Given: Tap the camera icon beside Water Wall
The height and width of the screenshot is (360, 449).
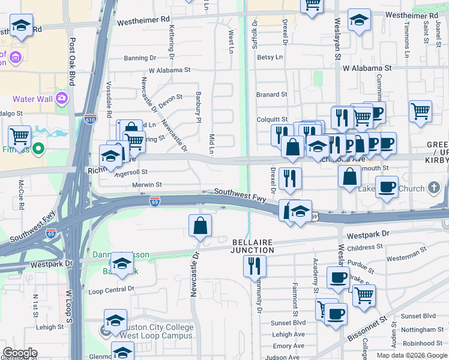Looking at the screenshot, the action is click(61, 98).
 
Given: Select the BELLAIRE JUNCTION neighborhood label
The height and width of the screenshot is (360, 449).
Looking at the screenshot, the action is click(253, 246).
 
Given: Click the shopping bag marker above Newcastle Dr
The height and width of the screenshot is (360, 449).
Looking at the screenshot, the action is click(200, 226).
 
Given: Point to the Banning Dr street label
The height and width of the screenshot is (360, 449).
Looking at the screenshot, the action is click(140, 58).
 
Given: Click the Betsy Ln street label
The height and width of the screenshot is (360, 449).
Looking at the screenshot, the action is click(270, 57).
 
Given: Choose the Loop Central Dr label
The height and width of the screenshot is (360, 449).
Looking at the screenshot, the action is click(111, 289).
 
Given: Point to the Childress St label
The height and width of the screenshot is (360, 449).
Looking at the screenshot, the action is click(364, 247).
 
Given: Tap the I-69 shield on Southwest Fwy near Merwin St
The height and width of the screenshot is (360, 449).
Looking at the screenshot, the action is click(155, 202).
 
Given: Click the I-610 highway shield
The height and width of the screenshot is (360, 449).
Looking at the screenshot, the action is click(90, 118).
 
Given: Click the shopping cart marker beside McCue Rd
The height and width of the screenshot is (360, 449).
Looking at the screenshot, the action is click(20, 137).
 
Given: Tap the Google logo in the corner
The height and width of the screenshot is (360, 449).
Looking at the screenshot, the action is click(20, 353).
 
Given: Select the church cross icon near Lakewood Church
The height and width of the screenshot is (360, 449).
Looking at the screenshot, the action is click(434, 188).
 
